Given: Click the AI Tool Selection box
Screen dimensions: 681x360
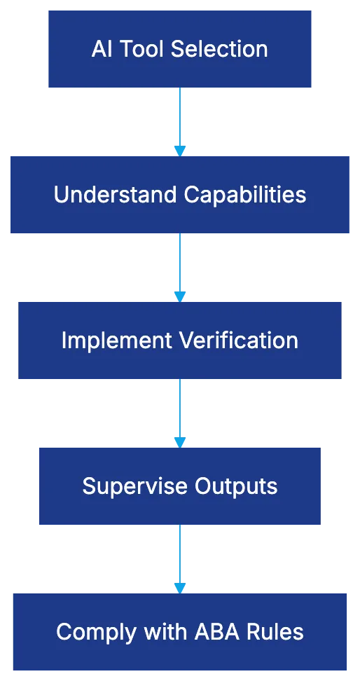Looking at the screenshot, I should (179, 48).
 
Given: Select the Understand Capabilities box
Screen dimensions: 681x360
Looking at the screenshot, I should (179, 194).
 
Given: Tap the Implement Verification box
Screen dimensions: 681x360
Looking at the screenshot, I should (179, 340).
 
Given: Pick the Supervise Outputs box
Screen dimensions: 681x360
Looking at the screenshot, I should (179, 486).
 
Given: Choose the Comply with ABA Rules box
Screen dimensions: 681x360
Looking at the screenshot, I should (179, 632).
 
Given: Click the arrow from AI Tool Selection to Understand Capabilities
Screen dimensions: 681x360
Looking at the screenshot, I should (180, 121).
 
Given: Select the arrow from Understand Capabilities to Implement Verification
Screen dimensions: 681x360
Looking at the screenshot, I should (180, 267).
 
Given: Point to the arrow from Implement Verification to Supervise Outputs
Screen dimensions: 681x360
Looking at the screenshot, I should (180, 413).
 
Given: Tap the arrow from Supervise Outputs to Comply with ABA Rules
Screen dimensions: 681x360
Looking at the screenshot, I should (180, 558).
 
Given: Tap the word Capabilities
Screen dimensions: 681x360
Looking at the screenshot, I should (244, 195).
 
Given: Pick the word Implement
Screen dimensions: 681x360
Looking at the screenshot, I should (117, 341).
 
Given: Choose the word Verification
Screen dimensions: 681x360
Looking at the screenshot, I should (239, 340).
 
